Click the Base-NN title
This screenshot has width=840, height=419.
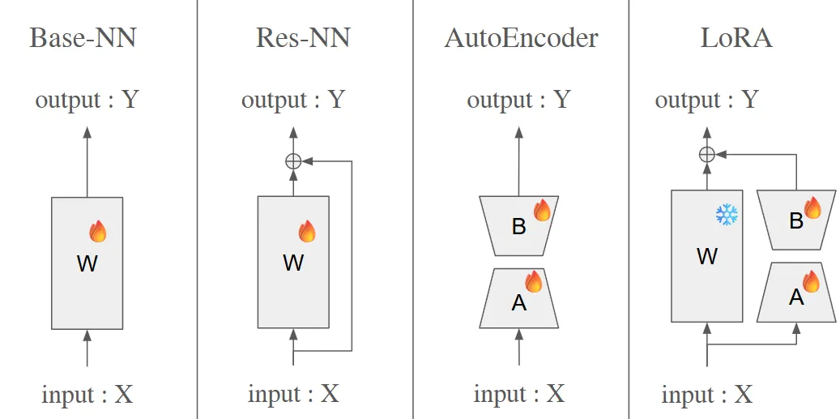(x=83, y=38)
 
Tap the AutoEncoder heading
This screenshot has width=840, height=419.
(x=521, y=38)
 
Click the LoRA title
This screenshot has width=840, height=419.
(x=736, y=38)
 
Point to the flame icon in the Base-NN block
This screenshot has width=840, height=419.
(x=97, y=232)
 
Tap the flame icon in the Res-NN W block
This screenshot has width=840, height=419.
(x=307, y=232)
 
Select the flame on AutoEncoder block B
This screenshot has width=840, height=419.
(x=542, y=210)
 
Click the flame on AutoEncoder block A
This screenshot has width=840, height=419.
(x=533, y=281)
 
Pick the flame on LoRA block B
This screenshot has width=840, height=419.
(x=811, y=207)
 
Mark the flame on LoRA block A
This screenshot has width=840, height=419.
(x=810, y=281)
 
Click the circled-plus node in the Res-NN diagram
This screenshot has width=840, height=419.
(x=293, y=161)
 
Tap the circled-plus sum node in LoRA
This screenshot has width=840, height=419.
(x=706, y=155)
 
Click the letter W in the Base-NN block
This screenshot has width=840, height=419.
(x=87, y=263)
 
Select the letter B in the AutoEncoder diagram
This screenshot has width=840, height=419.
(x=519, y=227)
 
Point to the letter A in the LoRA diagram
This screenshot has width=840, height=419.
(x=796, y=297)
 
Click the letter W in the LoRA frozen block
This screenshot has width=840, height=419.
(x=706, y=257)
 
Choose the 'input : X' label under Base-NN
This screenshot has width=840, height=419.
(x=87, y=395)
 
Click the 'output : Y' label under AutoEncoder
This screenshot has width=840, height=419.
(x=518, y=100)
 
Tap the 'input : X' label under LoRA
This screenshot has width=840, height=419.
(x=706, y=395)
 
